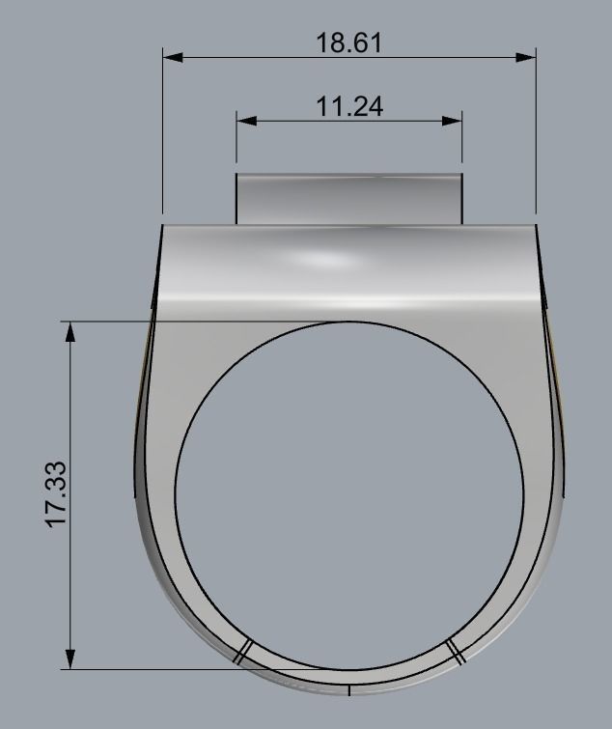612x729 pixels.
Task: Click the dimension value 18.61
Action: pyautogui.click(x=348, y=43)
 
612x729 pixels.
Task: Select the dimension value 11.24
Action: pyautogui.click(x=348, y=106)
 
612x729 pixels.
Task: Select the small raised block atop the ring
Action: pyautogui.click(x=348, y=199)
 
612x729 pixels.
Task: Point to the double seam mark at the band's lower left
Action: pyautogui.click(x=242, y=652)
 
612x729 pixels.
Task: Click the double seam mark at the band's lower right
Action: pyautogui.click(x=457, y=652)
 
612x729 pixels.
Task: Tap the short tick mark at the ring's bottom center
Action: pyautogui.click(x=348, y=689)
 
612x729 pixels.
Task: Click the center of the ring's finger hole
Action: pyautogui.click(x=348, y=493)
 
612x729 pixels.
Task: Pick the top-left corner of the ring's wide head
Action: pyautogui.click(x=162, y=226)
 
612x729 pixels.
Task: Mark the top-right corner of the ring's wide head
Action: pyautogui.click(x=535, y=226)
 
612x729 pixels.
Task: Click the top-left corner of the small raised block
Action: pyautogui.click(x=237, y=175)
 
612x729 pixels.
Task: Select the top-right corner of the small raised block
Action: pyautogui.click(x=461, y=175)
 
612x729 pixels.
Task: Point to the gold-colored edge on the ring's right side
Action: pyautogui.click(x=559, y=386)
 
